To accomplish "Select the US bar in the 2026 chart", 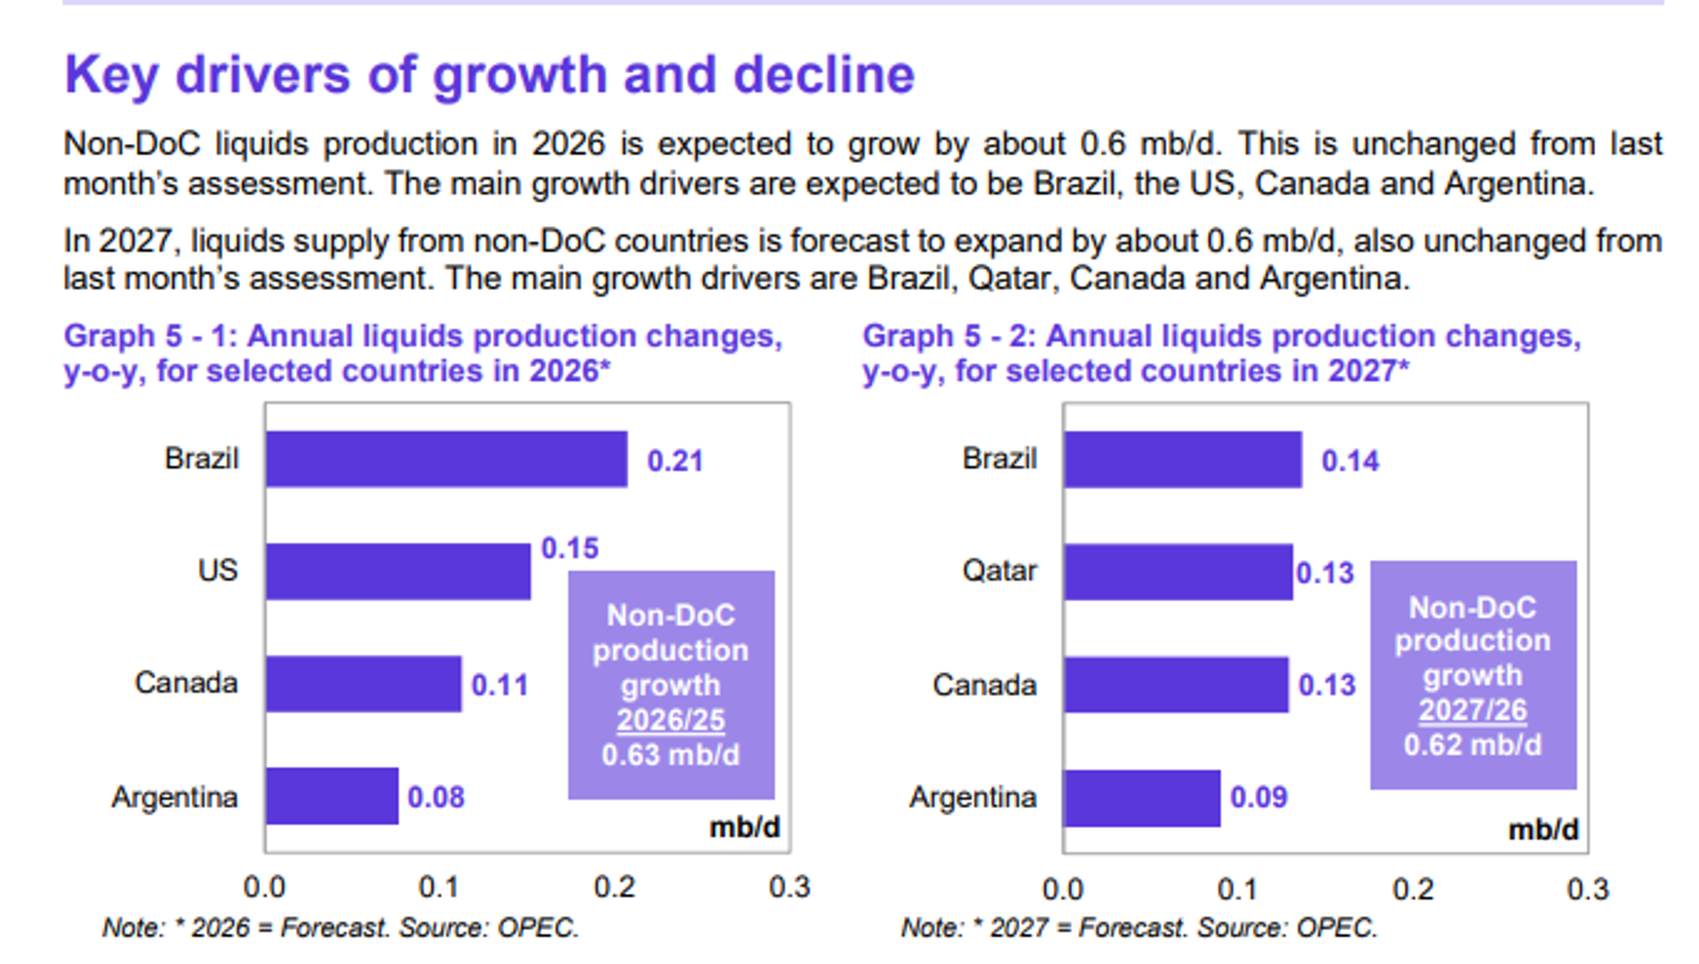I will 398,572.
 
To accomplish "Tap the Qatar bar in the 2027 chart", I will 1178,572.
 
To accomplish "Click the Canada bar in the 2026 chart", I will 364,684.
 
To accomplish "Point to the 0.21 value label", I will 675,461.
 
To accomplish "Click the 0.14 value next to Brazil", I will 1350,461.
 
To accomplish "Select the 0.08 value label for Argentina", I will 436,797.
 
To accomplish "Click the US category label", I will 217,571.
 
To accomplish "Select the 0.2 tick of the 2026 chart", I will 615,887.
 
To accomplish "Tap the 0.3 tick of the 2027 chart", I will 1587,889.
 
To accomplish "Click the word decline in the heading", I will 824,75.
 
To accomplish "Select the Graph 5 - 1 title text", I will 423,353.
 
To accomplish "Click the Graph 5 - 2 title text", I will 1221,353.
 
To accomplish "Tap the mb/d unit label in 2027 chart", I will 1543,830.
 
